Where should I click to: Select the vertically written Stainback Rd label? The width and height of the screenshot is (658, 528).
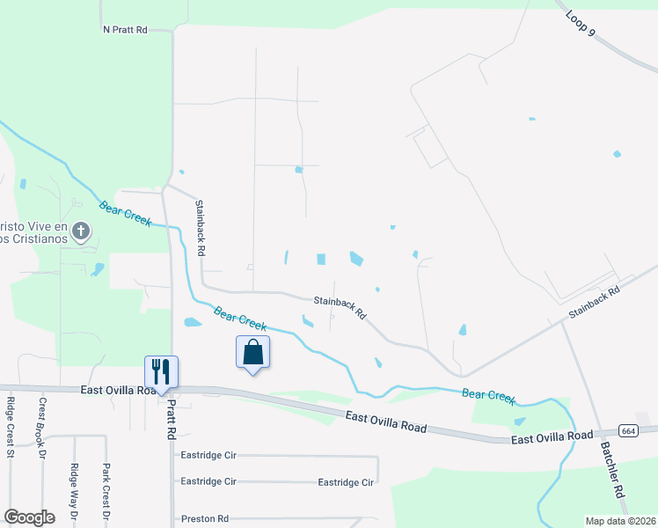point(201,228)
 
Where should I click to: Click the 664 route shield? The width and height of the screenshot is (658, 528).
point(628,431)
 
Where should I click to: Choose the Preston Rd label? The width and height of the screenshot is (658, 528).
point(204,519)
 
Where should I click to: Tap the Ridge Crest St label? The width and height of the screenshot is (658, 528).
point(11,428)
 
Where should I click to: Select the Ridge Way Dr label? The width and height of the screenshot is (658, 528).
point(74,494)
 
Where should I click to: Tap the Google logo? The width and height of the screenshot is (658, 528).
point(29,517)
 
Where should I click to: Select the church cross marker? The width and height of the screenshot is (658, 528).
point(80,232)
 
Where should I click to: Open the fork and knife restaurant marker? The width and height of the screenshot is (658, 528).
point(161,370)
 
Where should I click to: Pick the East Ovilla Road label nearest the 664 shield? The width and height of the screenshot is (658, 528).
point(552,436)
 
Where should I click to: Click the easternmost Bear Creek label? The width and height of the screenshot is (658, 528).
point(489,396)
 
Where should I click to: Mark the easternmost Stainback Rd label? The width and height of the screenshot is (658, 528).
point(594,300)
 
